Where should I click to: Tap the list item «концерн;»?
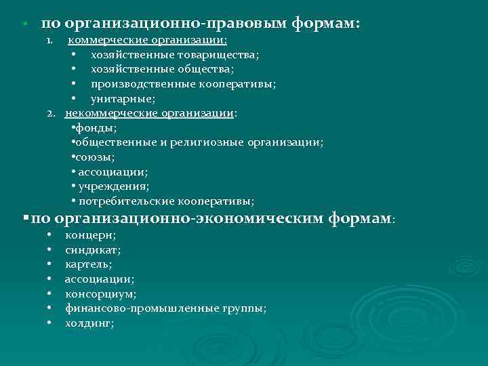90,235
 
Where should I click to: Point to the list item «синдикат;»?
93,249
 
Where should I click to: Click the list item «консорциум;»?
100,293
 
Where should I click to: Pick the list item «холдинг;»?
89,323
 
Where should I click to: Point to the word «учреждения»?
113,186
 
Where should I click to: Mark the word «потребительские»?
127,201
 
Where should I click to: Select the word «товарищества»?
220,54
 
